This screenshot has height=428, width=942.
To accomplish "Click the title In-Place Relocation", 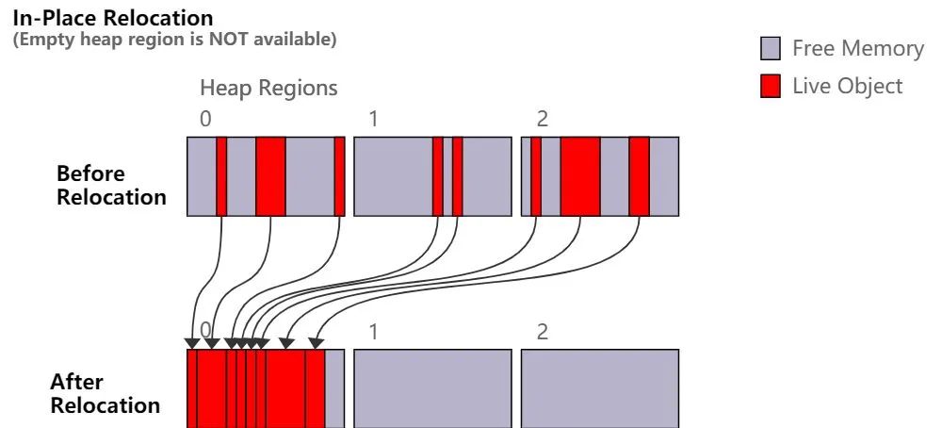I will click(x=113, y=18).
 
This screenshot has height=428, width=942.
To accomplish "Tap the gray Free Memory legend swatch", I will click(x=771, y=48).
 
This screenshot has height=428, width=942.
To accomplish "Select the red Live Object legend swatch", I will click(x=771, y=87).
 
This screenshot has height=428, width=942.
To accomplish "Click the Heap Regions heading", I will click(x=268, y=89).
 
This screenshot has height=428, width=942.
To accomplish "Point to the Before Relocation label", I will click(x=111, y=185).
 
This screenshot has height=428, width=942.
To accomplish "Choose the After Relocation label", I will click(x=105, y=393).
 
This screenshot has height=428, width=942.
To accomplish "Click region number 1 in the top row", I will click(x=374, y=120).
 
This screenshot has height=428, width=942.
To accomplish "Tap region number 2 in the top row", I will click(x=542, y=120).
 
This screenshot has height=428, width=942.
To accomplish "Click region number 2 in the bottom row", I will click(x=542, y=332).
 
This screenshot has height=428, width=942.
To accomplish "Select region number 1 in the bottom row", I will click(x=374, y=332).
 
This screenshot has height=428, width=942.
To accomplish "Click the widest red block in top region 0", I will click(x=270, y=176).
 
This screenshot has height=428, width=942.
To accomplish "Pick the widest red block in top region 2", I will click(x=580, y=176).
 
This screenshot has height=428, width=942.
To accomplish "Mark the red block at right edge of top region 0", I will click(x=339, y=176).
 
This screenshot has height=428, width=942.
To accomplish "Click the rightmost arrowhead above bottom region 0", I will click(x=317, y=343).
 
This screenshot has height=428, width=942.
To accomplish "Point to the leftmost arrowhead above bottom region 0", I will click(x=193, y=343).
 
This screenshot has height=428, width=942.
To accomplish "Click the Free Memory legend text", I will click(x=857, y=48).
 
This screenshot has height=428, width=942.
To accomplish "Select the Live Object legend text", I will click(x=847, y=87).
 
